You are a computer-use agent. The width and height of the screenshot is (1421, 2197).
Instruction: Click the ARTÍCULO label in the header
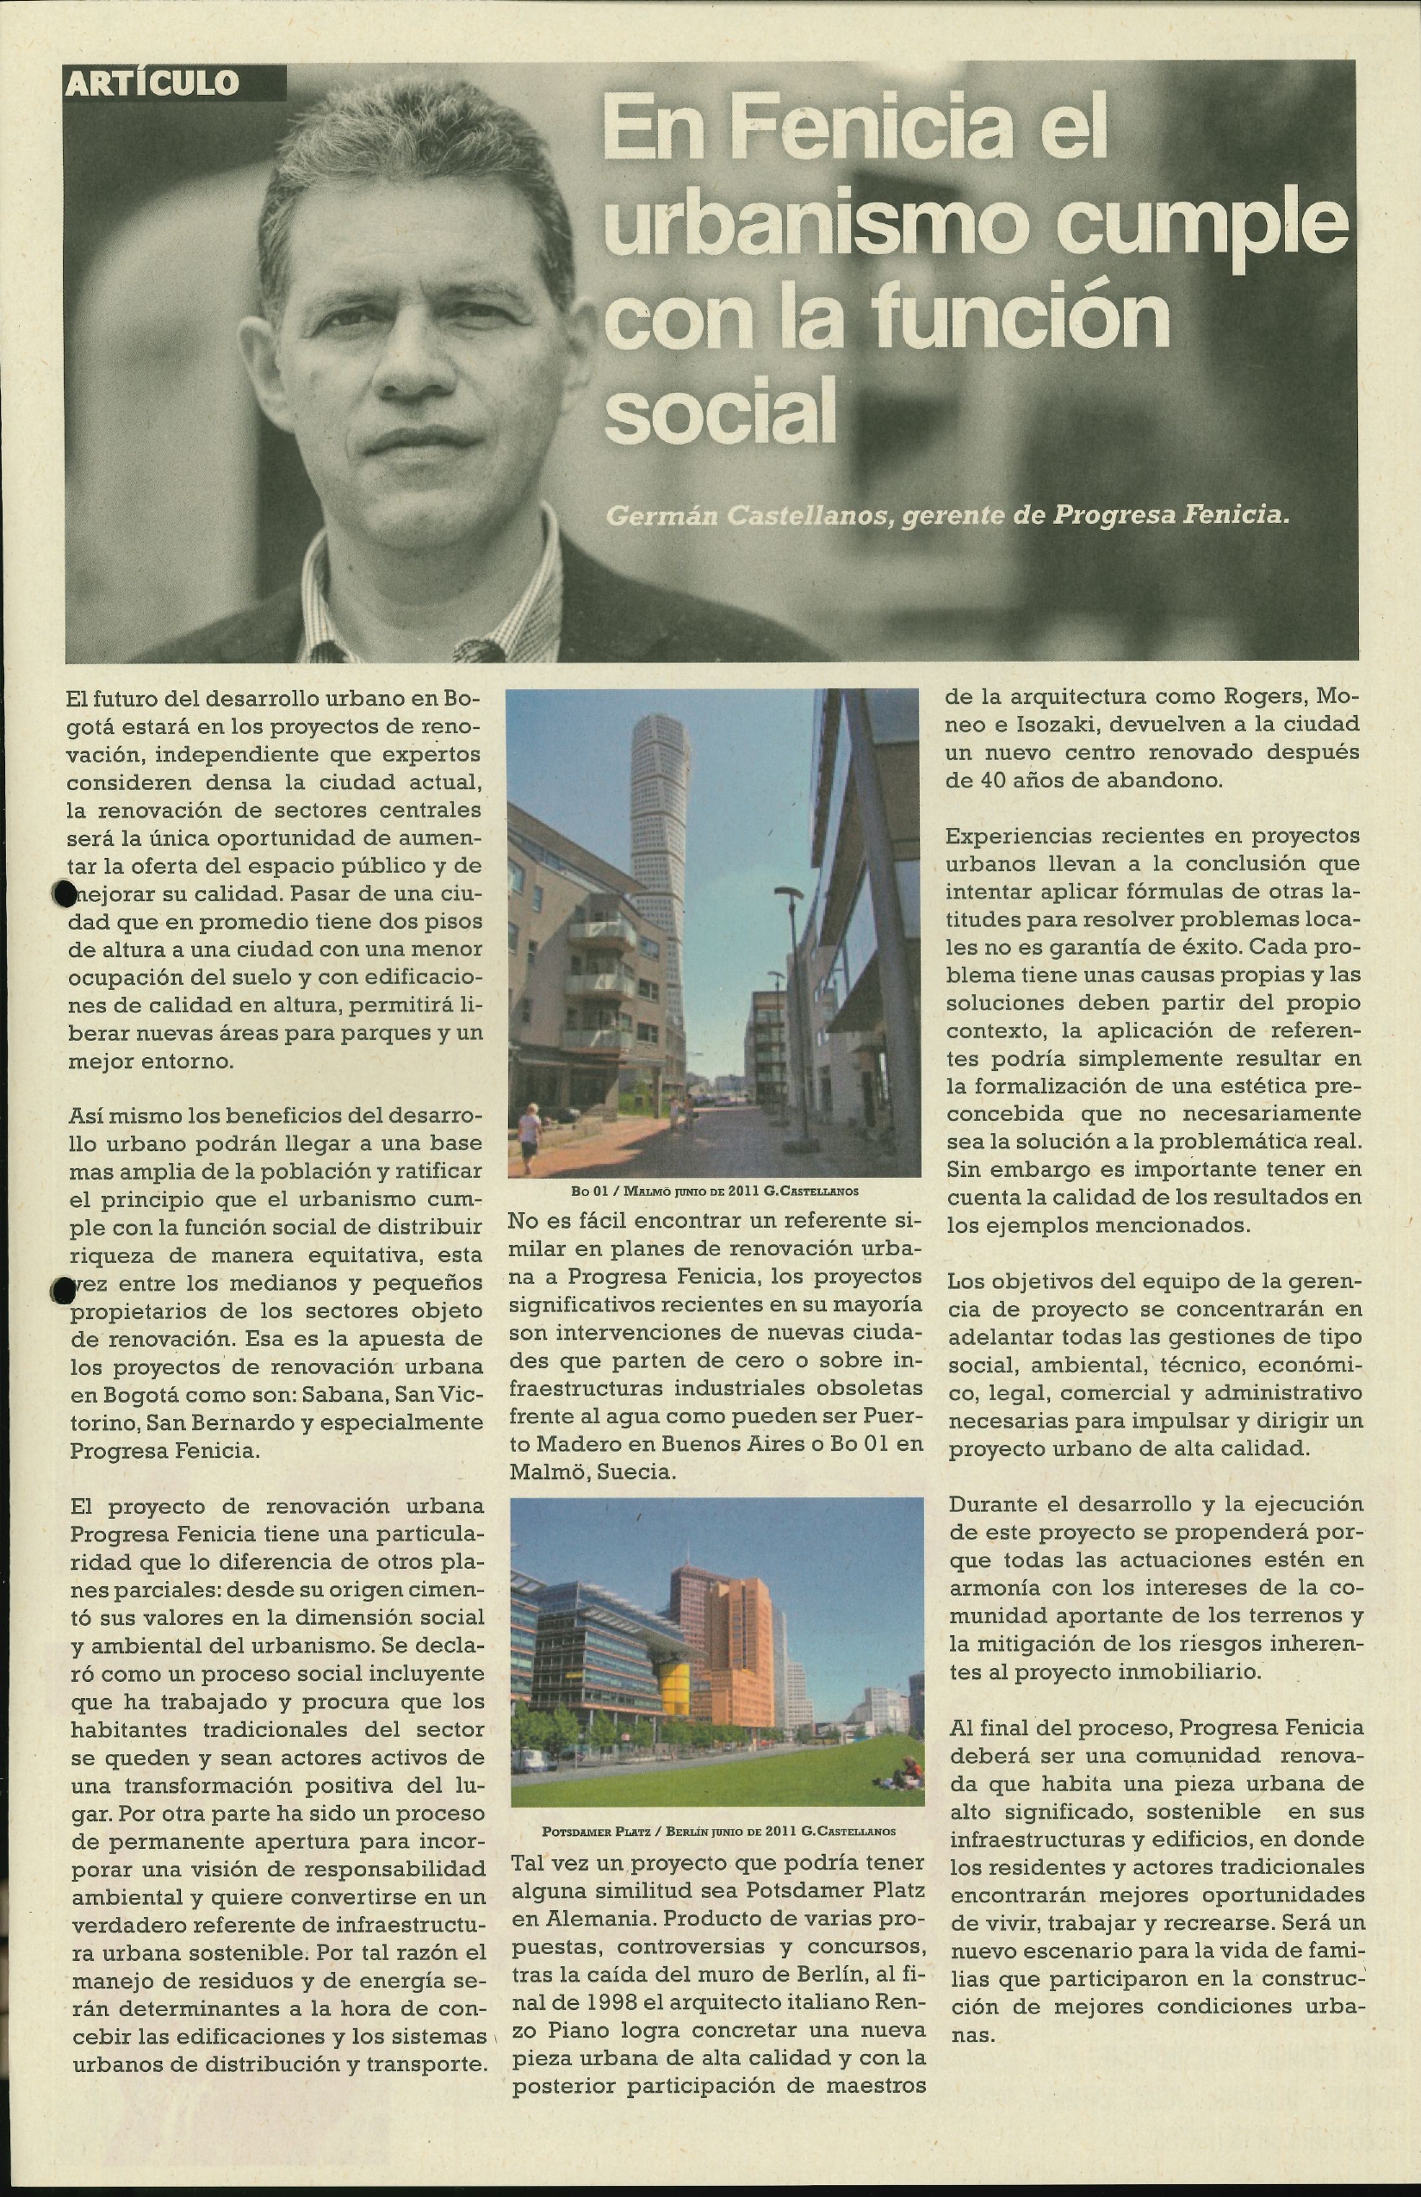[153, 84]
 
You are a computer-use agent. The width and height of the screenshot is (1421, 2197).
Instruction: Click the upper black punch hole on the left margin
[62, 893]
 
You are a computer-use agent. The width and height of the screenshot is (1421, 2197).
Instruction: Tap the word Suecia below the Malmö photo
[636, 1472]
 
